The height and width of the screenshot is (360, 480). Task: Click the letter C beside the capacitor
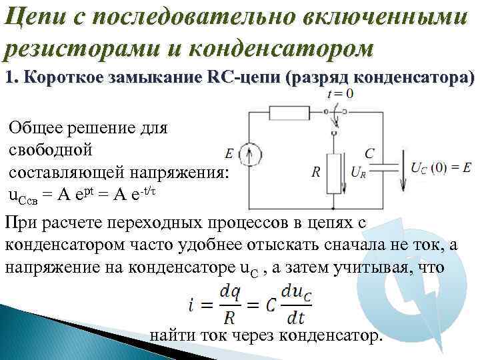369,153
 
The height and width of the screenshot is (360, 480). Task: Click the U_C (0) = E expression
441,167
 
